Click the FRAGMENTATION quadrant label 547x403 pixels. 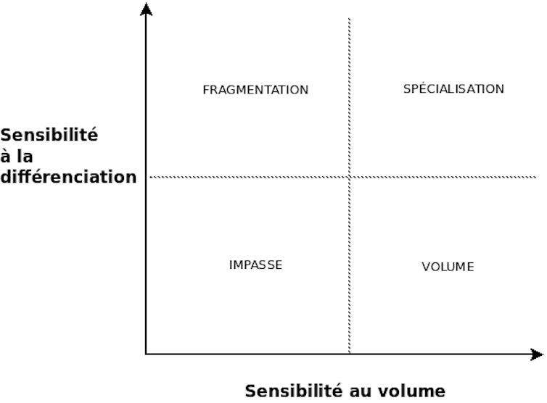pos(255,90)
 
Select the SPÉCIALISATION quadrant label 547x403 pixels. pos(453,89)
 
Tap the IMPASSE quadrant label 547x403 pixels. pos(255,265)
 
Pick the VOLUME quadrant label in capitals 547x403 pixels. pos(448,267)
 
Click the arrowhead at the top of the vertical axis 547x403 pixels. pos(147,9)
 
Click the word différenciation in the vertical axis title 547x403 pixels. pos(68,176)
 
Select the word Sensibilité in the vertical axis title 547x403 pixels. pos(49,135)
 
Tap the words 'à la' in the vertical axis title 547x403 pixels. pos(17,156)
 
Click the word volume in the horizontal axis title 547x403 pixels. pos(413,391)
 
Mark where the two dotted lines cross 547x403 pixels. pos(350,177)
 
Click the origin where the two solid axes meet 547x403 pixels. pos(147,354)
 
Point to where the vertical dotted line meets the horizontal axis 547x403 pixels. pos(350,354)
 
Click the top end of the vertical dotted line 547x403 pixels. pos(350,19)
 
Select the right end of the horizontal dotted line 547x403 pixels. pos(536,177)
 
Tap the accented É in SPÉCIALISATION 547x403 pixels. pos(417,88)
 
